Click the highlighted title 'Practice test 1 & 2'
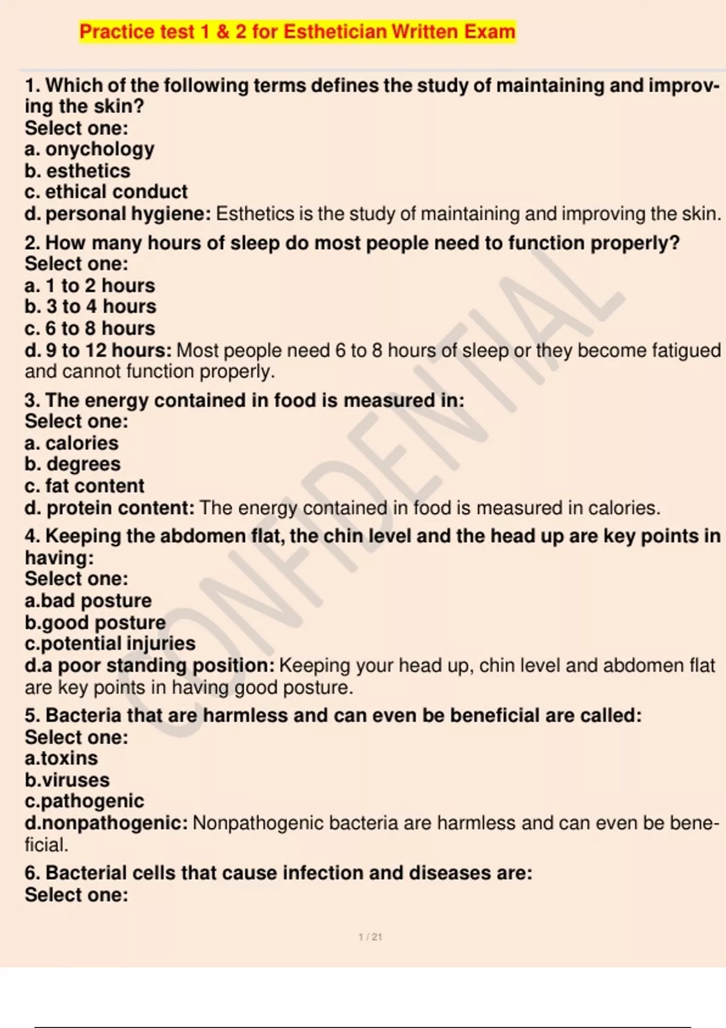coord(297,31)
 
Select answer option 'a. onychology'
coord(90,149)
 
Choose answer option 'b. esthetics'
coord(77,171)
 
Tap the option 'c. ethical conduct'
coord(106,192)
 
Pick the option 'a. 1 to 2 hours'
coord(90,285)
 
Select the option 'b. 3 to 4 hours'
coord(90,307)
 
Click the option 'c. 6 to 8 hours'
coord(90,328)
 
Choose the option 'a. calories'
coord(71,443)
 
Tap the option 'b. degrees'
coord(73,464)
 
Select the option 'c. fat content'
coord(85,486)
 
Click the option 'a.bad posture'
coord(88,600)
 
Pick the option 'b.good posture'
coord(95,622)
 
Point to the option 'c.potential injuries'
coord(110,643)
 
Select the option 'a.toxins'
coord(61,758)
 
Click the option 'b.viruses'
coord(67,780)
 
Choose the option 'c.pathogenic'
coord(84,801)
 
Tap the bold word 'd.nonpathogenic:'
coord(106,823)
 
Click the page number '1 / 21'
coord(370,937)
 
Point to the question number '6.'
coord(33,873)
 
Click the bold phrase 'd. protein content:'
coord(110,508)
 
